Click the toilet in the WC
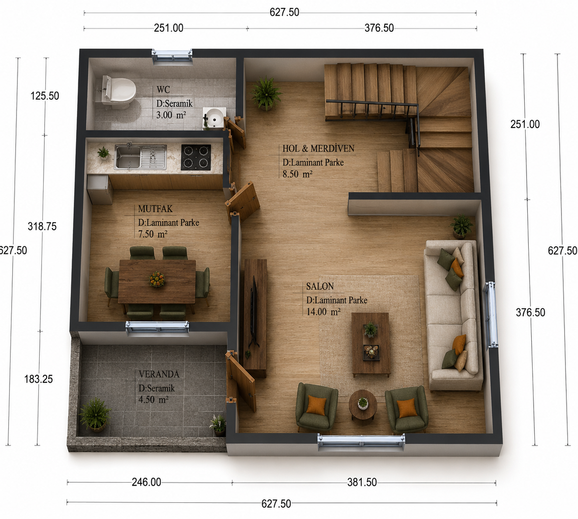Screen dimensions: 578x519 [117, 92]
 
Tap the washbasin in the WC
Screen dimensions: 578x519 [214, 117]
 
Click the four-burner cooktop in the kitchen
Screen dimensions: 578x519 [196, 157]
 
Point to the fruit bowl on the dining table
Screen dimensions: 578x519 [157, 278]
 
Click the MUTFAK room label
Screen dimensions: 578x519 [155, 209]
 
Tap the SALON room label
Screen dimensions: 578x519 [320, 286]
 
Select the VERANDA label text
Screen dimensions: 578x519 [159, 374]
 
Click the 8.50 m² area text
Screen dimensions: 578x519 [297, 174]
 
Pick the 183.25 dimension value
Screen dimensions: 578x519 [38, 379]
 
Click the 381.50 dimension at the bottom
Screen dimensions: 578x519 [362, 482]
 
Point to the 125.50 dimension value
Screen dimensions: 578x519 [45, 96]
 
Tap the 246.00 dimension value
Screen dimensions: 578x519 [146, 482]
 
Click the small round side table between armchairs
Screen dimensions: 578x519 [363, 405]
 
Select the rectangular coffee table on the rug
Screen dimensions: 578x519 [371, 344]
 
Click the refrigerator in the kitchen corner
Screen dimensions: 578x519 [100, 189]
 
